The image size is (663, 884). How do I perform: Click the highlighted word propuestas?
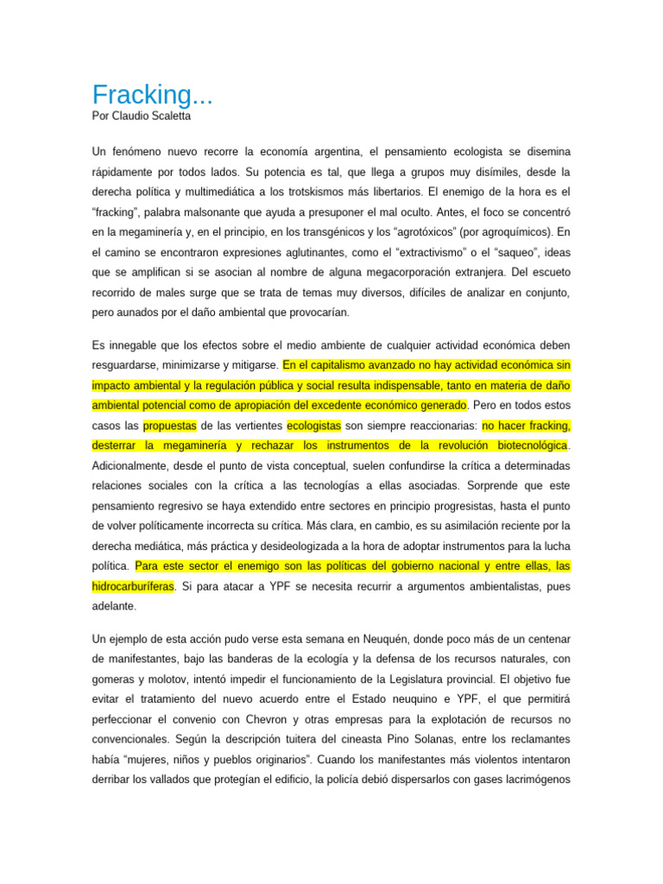tap(170, 426)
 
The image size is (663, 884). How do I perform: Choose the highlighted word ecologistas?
tap(314, 426)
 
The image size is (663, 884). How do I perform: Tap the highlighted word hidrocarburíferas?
tap(133, 586)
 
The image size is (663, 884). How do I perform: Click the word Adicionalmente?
tap(136, 466)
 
